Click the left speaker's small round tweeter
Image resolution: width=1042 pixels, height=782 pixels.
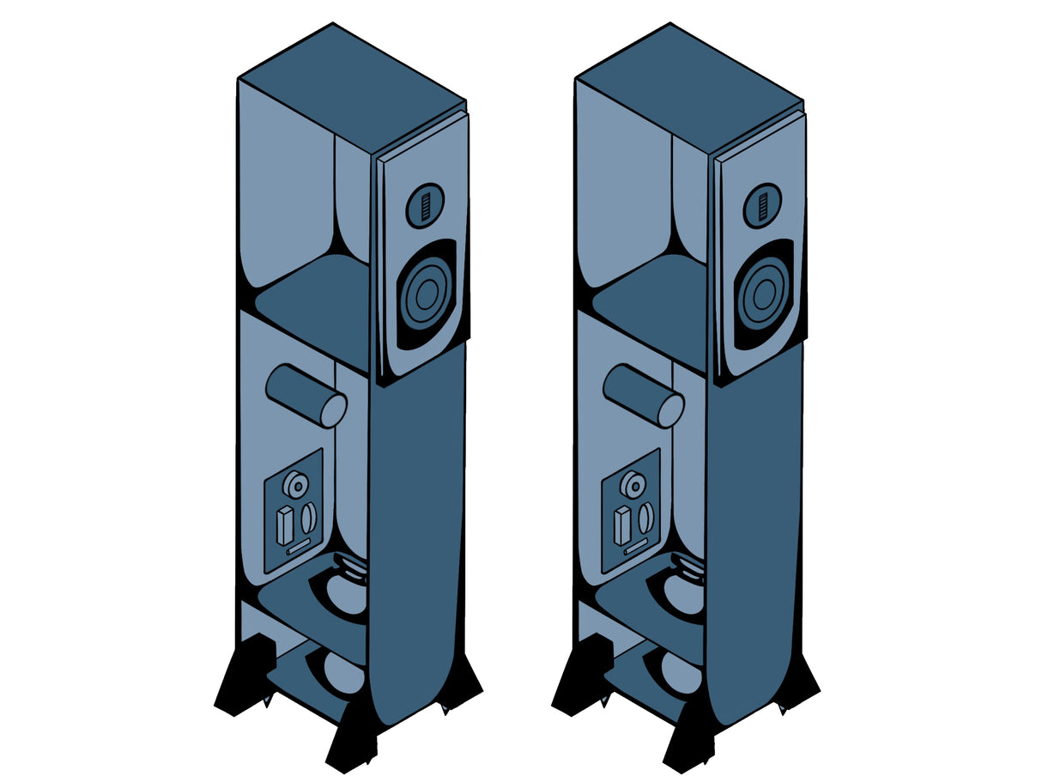tap(425, 206)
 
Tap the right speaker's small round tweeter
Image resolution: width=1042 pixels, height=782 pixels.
tap(762, 206)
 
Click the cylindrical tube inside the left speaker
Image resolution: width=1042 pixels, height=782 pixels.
tap(307, 396)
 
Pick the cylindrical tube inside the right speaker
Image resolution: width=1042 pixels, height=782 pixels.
tap(645, 396)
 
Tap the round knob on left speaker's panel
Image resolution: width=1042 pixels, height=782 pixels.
tap(296, 486)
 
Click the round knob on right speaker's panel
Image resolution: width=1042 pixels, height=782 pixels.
tap(633, 486)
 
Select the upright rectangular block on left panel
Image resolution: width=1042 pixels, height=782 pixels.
tap(285, 524)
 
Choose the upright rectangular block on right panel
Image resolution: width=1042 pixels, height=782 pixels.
tap(622, 524)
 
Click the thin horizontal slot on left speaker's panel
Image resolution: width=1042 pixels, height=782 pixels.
tap(299, 547)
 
